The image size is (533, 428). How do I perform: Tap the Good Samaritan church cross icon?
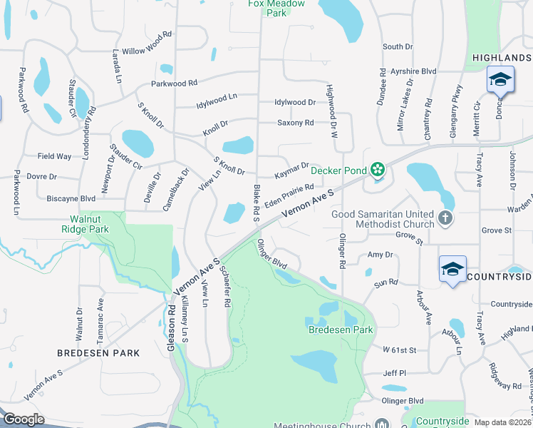[445, 218]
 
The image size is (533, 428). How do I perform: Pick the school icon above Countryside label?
[452, 268]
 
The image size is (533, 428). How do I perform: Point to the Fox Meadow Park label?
[276, 8]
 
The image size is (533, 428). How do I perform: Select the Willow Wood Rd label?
[147, 43]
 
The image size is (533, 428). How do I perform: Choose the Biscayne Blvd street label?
[71, 198]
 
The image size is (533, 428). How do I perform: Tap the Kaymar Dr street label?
[292, 170]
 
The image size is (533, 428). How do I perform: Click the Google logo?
[24, 419]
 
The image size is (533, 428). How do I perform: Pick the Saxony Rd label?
[295, 123]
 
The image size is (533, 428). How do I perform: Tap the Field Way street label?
[55, 156]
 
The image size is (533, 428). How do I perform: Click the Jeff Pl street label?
[393, 373]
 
